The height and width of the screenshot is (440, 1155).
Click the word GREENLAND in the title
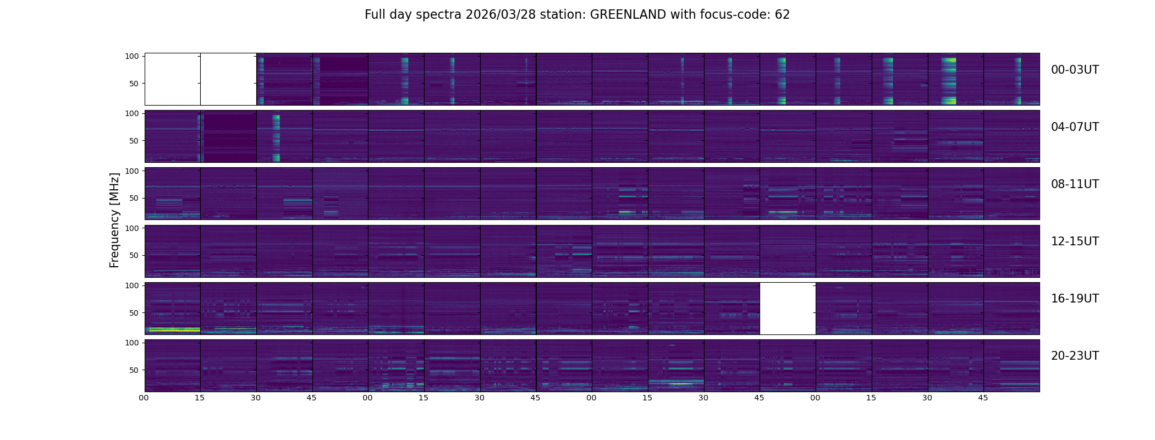(628, 15)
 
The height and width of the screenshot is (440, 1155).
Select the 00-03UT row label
(1075, 70)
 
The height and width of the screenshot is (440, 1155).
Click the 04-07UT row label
(1075, 127)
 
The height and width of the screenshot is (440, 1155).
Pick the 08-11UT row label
(1075, 184)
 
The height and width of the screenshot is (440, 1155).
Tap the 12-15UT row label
(1075, 241)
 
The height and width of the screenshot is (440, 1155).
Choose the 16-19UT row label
(1075, 299)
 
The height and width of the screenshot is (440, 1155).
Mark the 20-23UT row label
(1075, 356)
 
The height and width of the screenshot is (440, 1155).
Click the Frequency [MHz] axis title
(114, 220)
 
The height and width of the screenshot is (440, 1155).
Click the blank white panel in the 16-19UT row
(788, 309)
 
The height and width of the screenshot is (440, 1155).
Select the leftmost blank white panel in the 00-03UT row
(173, 79)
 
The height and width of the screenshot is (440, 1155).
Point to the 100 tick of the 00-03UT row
(132, 56)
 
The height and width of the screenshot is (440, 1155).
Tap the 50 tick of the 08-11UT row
(134, 198)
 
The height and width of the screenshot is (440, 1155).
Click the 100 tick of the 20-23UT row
(132, 343)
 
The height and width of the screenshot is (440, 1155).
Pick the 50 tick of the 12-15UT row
(134, 255)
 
